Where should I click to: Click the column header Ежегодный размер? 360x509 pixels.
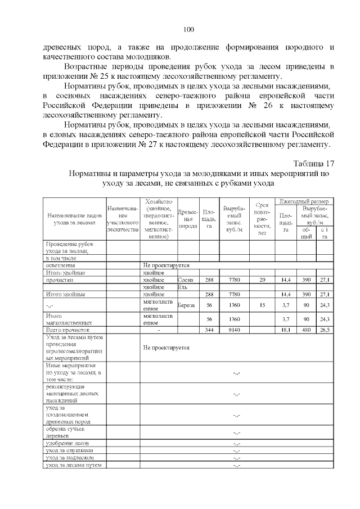(303, 201)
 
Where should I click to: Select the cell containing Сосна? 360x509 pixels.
(185, 280)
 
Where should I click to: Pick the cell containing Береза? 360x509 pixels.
(187, 305)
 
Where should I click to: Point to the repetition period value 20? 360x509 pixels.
(262, 280)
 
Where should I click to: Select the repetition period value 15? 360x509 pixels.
(262, 305)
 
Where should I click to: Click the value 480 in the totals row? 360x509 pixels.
(307, 330)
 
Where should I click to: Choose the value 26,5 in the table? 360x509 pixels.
(325, 330)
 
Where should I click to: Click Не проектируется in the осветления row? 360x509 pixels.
(166, 264)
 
